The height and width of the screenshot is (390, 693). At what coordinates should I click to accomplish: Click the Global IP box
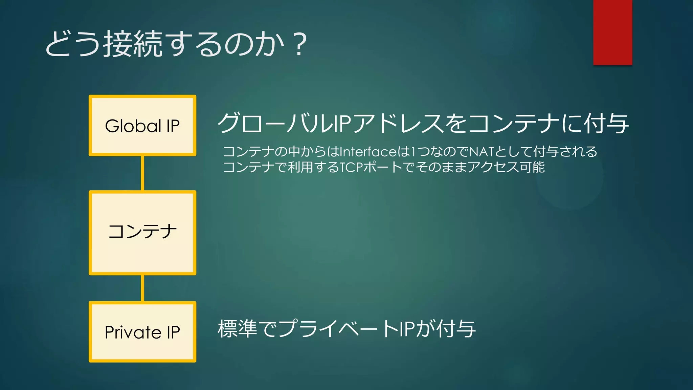(x=142, y=126)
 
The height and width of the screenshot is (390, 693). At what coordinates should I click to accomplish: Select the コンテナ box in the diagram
(x=142, y=233)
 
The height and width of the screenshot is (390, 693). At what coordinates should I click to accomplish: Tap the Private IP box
(x=142, y=332)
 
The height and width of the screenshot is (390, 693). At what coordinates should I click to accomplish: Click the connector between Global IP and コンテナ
(x=142, y=173)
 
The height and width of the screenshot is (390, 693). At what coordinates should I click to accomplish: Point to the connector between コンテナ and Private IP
(x=142, y=288)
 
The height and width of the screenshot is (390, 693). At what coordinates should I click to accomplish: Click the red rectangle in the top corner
(x=612, y=32)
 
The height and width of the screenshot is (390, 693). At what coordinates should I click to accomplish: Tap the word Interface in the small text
(x=368, y=152)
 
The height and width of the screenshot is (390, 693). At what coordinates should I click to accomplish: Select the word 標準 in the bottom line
(x=237, y=329)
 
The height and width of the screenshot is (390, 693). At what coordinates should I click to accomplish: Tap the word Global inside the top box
(x=133, y=126)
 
